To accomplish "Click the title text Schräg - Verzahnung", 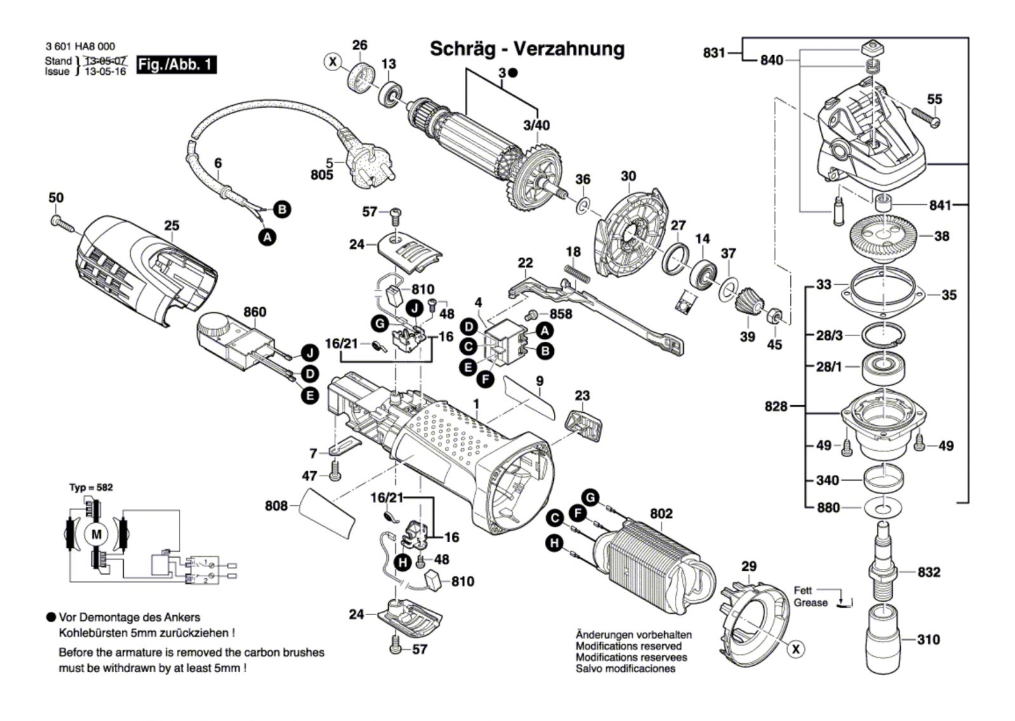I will (527, 49).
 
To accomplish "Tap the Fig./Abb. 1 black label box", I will (176, 65).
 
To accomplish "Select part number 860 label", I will (254, 312).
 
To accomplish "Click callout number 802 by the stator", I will (661, 514).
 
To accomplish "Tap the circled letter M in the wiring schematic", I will (96, 535).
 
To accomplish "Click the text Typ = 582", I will (91, 488).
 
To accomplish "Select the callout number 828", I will (775, 406).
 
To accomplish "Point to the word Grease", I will (811, 603).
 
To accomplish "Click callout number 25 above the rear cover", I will (172, 226).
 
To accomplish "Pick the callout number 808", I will (276, 505).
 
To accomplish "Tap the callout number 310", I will (928, 639).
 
